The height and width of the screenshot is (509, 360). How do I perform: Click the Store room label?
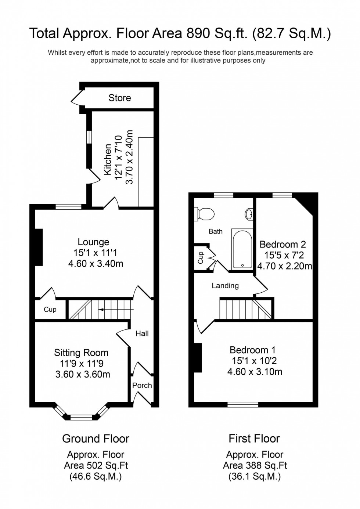pyautogui.click(x=120, y=98)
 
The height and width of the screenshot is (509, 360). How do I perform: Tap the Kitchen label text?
pyautogui.click(x=108, y=159)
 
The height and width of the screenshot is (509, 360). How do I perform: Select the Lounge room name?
pyautogui.click(x=93, y=242)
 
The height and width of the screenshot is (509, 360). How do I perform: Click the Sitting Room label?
pyautogui.click(x=81, y=353)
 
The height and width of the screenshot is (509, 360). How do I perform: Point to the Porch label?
pyautogui.click(x=142, y=385)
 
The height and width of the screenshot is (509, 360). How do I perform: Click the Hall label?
pyautogui.click(x=142, y=333)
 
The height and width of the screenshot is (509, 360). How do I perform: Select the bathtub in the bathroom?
pyautogui.click(x=242, y=249)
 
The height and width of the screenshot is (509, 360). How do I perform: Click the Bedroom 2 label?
pyautogui.click(x=282, y=245)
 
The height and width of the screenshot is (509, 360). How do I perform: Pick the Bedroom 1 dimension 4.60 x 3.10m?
pyautogui.click(x=255, y=372)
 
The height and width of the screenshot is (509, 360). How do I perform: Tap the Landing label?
pyautogui.click(x=225, y=286)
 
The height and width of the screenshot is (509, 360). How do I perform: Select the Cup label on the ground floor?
pyautogui.click(x=50, y=310)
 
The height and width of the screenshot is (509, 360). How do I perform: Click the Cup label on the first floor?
pyautogui.click(x=201, y=258)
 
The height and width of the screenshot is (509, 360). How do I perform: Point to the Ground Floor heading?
pyautogui.click(x=96, y=438)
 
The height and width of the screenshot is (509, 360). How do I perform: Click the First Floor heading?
pyautogui.click(x=254, y=438)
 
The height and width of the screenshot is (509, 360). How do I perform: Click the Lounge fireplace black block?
pyautogui.click(x=39, y=247)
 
